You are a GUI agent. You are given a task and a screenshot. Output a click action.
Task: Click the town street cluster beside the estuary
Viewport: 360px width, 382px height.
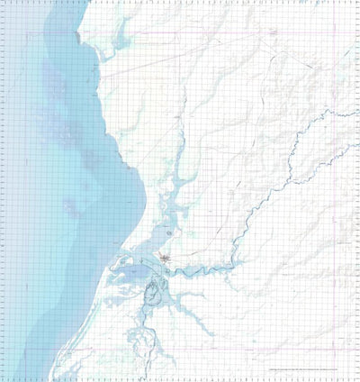tap(166, 261)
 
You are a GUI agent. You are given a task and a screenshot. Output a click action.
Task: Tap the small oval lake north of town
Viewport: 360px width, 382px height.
tap(168, 233)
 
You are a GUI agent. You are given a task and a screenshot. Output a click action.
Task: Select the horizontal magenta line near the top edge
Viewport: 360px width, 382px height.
tap(225, 36)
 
